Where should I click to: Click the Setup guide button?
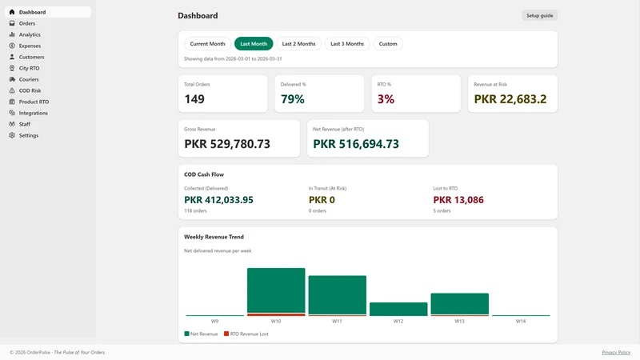[539, 15]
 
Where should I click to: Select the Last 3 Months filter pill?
[347, 44]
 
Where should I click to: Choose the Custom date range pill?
[388, 44]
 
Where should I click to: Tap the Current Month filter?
[207, 44]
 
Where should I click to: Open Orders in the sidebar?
[27, 23]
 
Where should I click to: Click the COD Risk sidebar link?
[30, 90]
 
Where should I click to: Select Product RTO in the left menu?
[34, 102]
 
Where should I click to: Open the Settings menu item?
[29, 135]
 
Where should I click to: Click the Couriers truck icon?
[12, 79]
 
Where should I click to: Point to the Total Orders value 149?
[194, 99]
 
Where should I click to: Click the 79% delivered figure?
[293, 99]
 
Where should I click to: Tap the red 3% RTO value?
[386, 99]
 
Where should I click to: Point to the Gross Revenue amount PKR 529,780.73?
[227, 144]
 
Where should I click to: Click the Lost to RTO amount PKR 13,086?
[458, 200]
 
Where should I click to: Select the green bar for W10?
[276, 290]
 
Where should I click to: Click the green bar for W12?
[398, 309]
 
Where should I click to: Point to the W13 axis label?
[459, 322]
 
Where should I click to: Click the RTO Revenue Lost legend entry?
[246, 334]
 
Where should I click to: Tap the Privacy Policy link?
[616, 352]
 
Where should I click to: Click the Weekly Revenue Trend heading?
[214, 237]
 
